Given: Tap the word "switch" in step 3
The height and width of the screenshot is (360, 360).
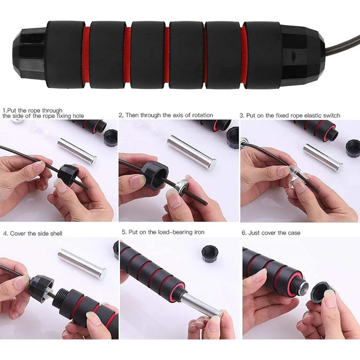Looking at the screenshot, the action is [331, 115].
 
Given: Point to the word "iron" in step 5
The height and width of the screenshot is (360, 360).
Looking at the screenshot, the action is [199, 232].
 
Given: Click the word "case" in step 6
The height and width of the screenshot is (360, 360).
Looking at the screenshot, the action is [294, 233].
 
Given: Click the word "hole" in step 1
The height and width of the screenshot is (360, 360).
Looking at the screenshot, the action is [78, 116].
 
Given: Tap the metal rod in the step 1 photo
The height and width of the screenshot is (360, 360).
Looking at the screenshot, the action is [77, 151].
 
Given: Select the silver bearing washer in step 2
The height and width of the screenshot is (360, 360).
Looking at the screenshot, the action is [182, 186].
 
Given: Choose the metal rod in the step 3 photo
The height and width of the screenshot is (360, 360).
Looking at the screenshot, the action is [323, 158].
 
